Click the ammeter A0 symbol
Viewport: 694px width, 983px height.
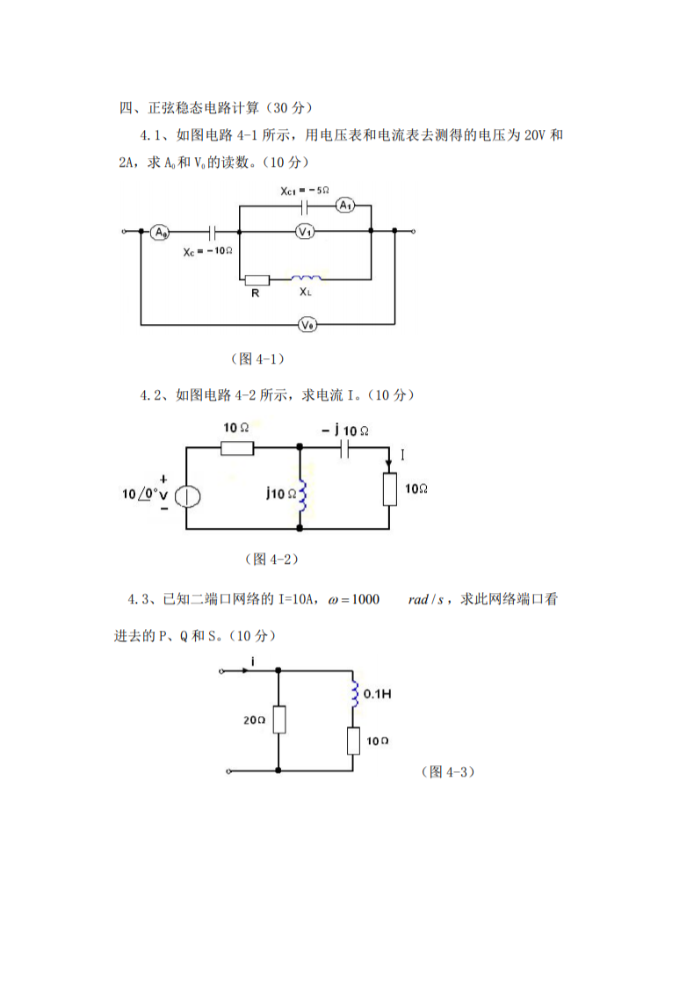click(160, 232)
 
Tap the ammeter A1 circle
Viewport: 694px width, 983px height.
click(346, 206)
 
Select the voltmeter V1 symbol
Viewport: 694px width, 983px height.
click(306, 232)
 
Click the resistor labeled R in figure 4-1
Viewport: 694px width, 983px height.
click(257, 279)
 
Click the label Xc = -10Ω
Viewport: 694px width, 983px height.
click(207, 251)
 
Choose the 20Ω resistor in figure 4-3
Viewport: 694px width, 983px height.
click(278, 720)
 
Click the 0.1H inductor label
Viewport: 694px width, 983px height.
click(376, 694)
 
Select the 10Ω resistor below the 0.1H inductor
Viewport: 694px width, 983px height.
click(354, 741)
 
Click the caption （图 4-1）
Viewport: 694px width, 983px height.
click(257, 358)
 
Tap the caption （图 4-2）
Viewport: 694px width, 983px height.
click(271, 559)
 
